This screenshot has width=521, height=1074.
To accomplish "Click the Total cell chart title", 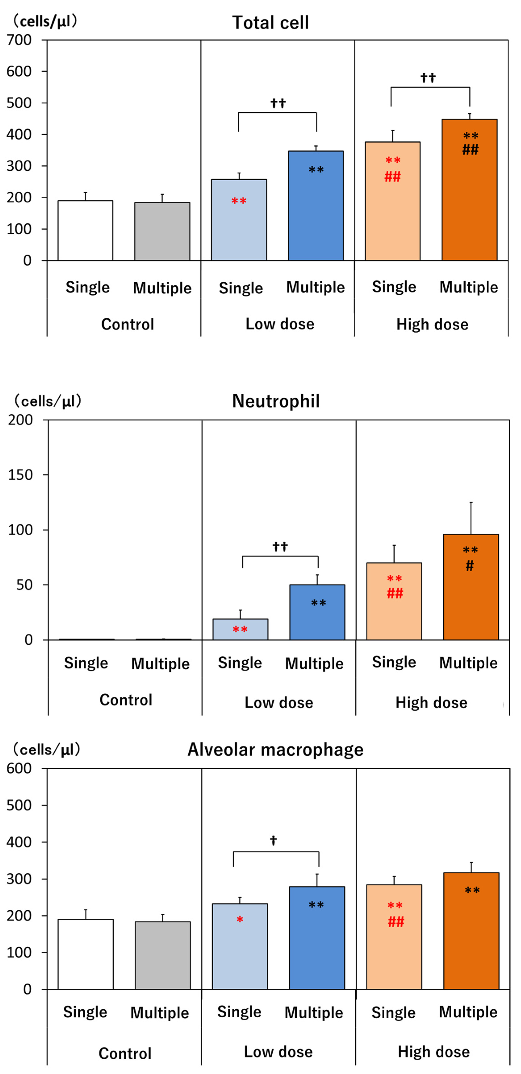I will [271, 23].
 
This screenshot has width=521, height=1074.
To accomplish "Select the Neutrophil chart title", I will [276, 401].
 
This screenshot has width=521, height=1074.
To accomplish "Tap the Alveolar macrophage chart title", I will [275, 750].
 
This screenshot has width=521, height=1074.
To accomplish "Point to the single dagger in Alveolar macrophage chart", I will [273, 840].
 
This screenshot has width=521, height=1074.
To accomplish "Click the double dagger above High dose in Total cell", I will [428, 78].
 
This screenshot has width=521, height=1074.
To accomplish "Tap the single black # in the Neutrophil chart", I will [470, 566].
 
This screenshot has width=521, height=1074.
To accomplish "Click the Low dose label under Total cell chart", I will [280, 324].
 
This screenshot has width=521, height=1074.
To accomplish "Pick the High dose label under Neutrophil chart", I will [431, 703].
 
